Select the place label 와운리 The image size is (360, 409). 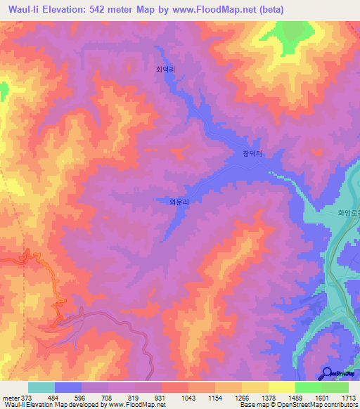coord(180,201)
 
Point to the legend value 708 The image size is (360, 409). coord(105,398)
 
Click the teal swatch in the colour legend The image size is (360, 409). coord(41,387)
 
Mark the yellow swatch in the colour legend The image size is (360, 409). coord(281,387)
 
